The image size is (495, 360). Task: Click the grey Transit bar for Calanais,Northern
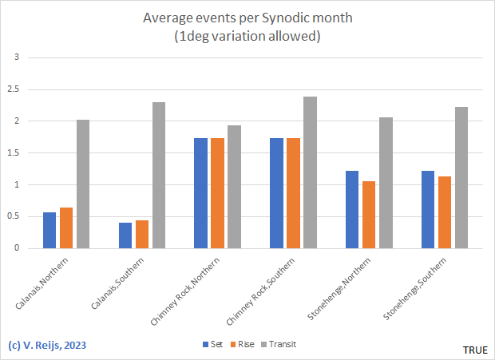point(83,184)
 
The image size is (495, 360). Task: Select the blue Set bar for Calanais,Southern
point(125,235)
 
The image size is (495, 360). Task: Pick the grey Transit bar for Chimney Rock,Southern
point(310,172)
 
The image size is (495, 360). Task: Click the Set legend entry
point(212,344)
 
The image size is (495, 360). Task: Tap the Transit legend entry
point(280,344)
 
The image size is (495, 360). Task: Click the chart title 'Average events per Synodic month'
point(247,18)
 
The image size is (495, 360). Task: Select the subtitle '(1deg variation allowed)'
point(247,36)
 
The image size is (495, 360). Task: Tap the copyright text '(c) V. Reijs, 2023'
point(47,346)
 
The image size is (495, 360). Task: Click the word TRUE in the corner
point(475,350)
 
